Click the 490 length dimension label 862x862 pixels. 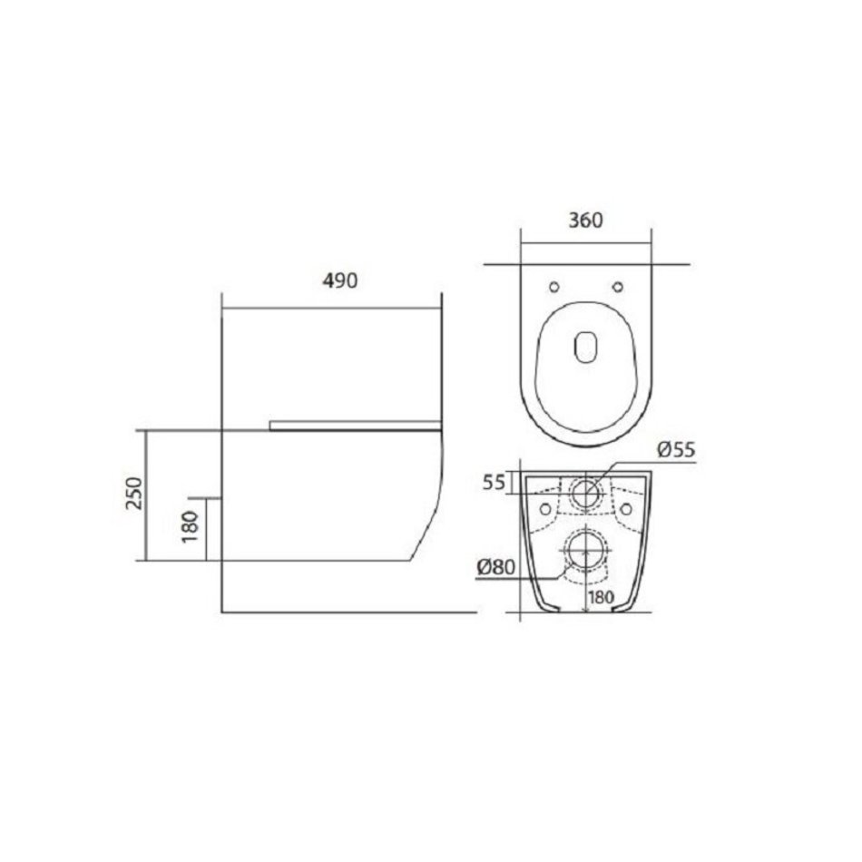pyautogui.click(x=339, y=281)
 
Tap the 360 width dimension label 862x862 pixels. pyautogui.click(x=585, y=220)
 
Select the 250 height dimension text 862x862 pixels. pyautogui.click(x=134, y=493)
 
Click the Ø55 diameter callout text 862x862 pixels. pyautogui.click(x=677, y=450)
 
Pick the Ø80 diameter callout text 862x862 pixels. pyautogui.click(x=496, y=567)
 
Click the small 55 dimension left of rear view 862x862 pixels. pyautogui.click(x=493, y=483)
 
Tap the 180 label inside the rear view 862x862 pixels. pyautogui.click(x=601, y=597)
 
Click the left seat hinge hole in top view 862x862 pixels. pyautogui.click(x=554, y=287)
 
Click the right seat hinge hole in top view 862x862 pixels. pyautogui.click(x=618, y=287)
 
